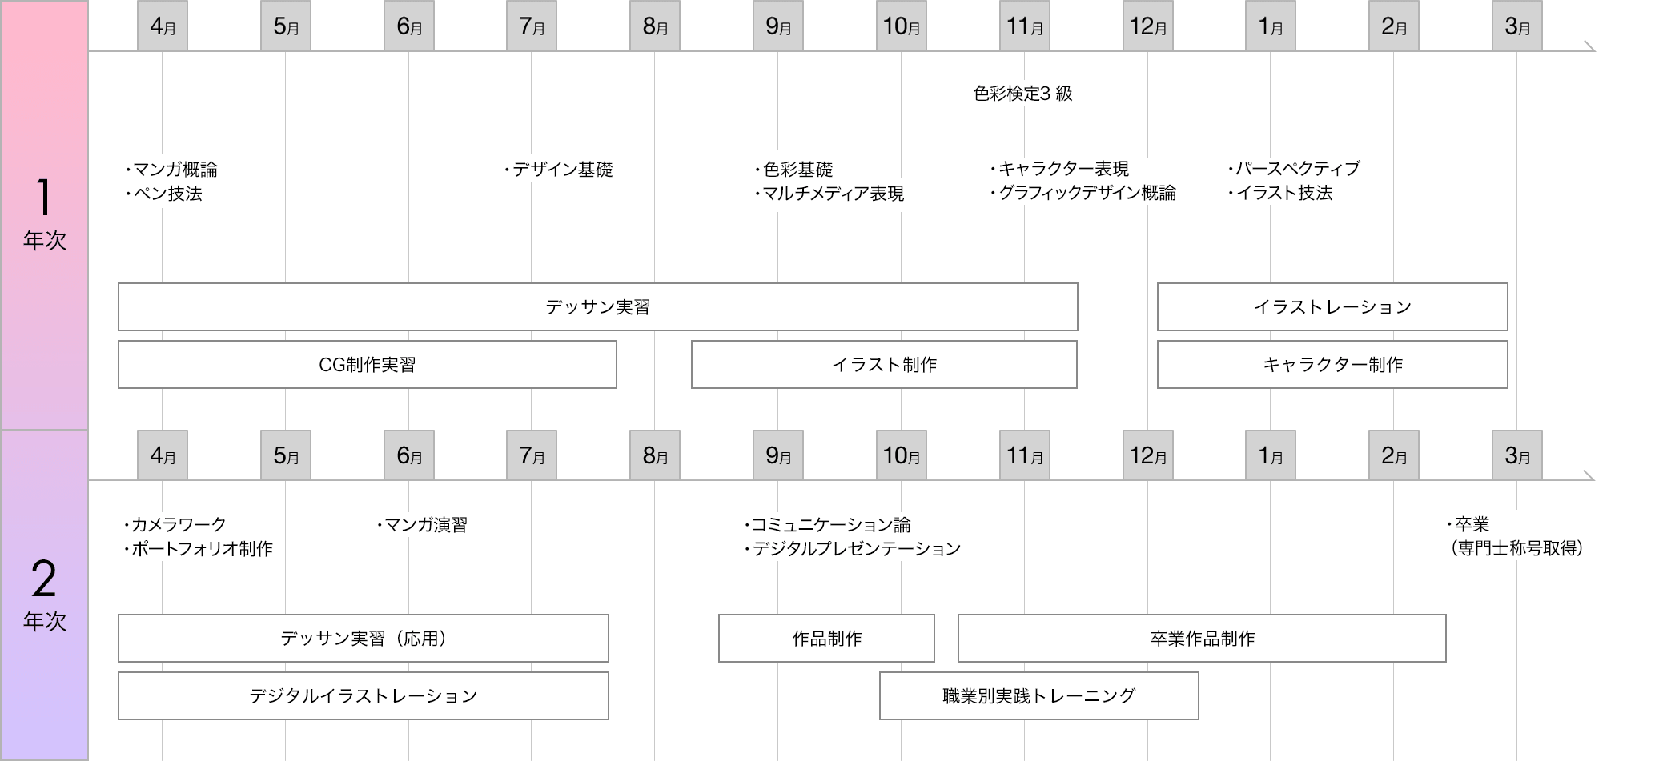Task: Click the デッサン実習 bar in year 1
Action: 597,306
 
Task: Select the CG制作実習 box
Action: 367,364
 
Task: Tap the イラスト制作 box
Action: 884,364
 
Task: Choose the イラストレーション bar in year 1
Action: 1332,306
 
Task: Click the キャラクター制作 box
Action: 1332,364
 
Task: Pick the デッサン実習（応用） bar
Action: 363,638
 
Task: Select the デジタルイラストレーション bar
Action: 363,695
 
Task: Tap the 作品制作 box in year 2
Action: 826,638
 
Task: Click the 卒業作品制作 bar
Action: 1202,638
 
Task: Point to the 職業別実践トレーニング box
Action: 1038,695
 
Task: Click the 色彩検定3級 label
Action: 1022,94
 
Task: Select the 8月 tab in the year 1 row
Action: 655,26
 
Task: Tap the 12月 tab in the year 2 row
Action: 1147,455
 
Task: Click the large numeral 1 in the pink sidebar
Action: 44,197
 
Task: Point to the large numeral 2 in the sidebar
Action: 44,579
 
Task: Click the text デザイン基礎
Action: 562,170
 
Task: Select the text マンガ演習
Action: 425,525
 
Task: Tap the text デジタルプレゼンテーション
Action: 856,549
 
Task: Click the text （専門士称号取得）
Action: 1516,548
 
